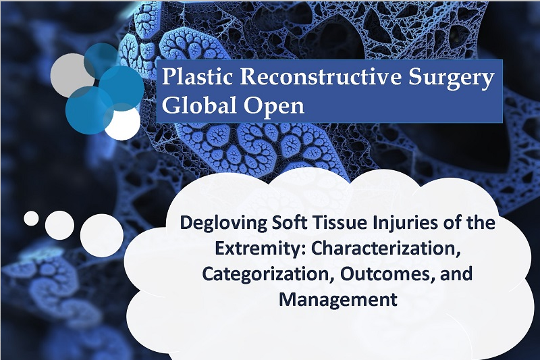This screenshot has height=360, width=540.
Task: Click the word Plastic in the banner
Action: (197, 76)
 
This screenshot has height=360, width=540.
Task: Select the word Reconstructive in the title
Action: (321, 76)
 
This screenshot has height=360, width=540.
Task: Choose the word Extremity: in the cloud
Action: (260, 249)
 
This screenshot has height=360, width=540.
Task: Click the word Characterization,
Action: (385, 249)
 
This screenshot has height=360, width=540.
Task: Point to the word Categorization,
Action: (268, 274)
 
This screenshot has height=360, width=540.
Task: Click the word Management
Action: (338, 300)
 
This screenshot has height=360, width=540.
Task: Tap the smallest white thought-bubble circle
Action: (31, 218)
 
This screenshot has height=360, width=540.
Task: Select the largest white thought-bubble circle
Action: (102, 235)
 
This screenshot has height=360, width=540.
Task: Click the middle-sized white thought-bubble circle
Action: (59, 226)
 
